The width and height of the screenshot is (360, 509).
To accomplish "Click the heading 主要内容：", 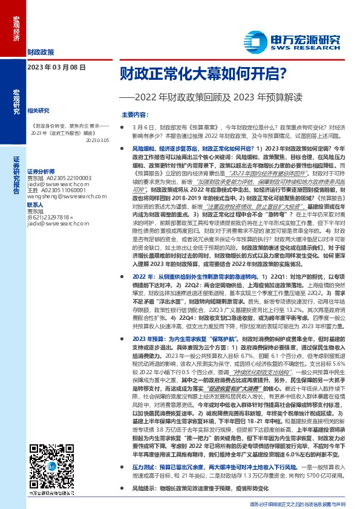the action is click(134, 114).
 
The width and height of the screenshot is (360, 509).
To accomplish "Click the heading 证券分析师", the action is click(41, 171).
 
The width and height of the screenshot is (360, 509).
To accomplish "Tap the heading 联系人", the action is click(36, 205).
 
